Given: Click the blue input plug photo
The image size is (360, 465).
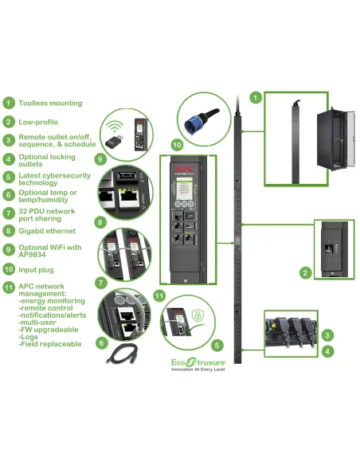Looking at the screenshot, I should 198,116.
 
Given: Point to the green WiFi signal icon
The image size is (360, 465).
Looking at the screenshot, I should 114,125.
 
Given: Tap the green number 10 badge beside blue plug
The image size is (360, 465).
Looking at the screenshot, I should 177,145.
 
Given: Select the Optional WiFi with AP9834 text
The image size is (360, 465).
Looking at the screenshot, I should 52,251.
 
